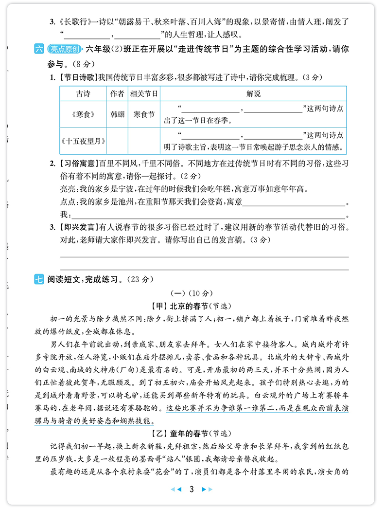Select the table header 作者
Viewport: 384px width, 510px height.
pyautogui.click(x=117, y=93)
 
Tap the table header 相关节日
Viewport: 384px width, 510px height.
pyautogui.click(x=144, y=93)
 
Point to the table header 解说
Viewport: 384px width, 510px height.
pyautogui.click(x=253, y=93)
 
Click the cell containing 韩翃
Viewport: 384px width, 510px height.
pyautogui.click(x=117, y=115)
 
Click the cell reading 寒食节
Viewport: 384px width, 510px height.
pyautogui.click(x=144, y=115)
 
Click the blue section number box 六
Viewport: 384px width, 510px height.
pyautogui.click(x=39, y=49)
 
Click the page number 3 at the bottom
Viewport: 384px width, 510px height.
pyautogui.click(x=192, y=489)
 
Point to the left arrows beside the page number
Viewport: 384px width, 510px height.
pyautogui.click(x=178, y=489)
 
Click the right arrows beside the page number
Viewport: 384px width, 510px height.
pyautogui.click(x=207, y=489)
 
